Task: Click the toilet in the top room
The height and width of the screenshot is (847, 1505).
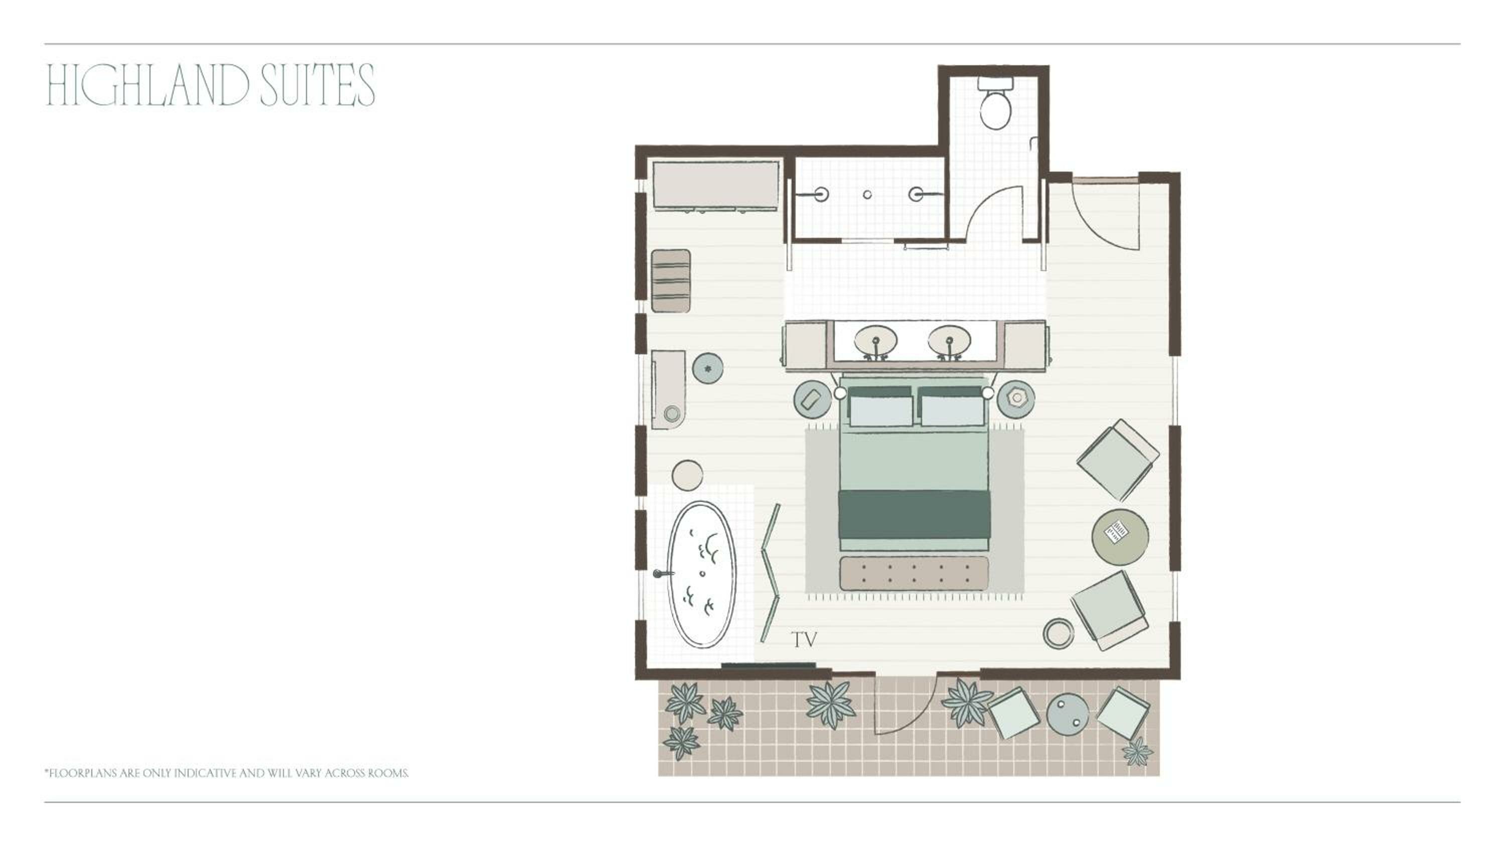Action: click(x=995, y=109)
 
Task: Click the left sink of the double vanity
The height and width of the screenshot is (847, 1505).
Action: click(x=875, y=341)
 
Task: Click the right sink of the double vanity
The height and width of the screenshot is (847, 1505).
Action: click(x=949, y=341)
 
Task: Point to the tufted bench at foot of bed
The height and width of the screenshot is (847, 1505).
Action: click(x=914, y=573)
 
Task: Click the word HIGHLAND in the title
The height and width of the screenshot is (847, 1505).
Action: click(x=147, y=85)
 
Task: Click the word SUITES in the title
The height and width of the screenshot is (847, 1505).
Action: click(x=317, y=85)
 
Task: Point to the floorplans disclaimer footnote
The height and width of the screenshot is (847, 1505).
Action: click(x=226, y=773)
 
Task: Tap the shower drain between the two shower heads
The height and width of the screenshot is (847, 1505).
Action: click(x=867, y=195)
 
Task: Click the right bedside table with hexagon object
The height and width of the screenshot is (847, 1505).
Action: click(x=1016, y=398)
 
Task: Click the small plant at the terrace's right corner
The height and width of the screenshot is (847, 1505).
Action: click(x=1137, y=752)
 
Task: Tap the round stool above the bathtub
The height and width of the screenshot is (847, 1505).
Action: click(x=687, y=475)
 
